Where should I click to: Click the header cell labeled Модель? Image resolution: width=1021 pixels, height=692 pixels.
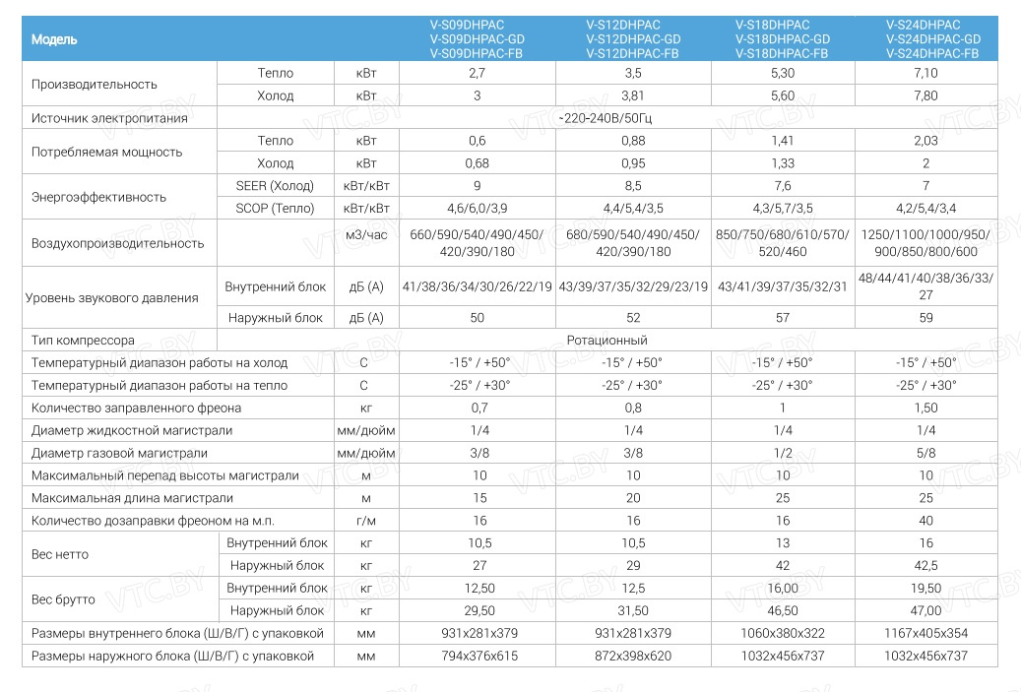point(54,39)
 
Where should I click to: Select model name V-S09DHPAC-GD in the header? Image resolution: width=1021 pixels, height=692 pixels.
point(477,39)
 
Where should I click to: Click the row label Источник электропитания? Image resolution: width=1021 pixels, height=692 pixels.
point(109,118)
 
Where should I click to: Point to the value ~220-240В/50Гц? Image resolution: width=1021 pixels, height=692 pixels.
point(605,118)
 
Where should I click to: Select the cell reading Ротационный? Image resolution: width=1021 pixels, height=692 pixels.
point(606,341)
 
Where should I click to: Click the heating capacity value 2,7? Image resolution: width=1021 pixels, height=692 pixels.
point(477,74)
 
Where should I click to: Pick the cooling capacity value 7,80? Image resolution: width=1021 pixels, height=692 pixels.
point(925,96)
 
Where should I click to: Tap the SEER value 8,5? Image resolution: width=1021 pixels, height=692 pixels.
point(633,186)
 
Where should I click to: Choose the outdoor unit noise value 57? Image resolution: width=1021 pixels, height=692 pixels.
point(783,318)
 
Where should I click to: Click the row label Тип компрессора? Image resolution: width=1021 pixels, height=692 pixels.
point(83,341)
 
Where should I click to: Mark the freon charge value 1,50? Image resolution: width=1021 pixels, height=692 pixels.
point(925,409)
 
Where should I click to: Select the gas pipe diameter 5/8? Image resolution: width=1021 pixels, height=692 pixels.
point(925,454)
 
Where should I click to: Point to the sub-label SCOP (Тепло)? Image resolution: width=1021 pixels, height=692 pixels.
point(276,209)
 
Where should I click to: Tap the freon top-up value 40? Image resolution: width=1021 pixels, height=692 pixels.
point(925,521)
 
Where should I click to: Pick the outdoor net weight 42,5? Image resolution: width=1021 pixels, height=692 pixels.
point(925,566)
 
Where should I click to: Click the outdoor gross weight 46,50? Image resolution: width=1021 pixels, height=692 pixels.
point(783,611)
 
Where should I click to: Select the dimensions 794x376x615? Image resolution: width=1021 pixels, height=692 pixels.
point(477,656)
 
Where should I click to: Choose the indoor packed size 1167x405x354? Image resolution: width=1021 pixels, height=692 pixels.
point(925,633)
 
